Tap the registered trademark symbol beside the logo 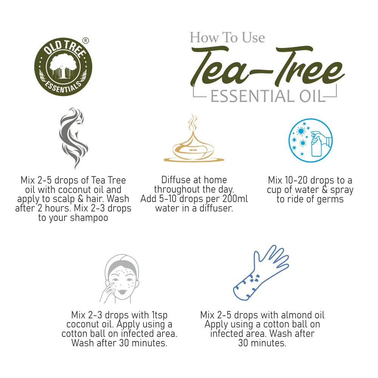point(86,40)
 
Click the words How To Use point(227,37)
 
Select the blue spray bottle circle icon point(310,140)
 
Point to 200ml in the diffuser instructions point(235,199)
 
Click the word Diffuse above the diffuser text point(178,180)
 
